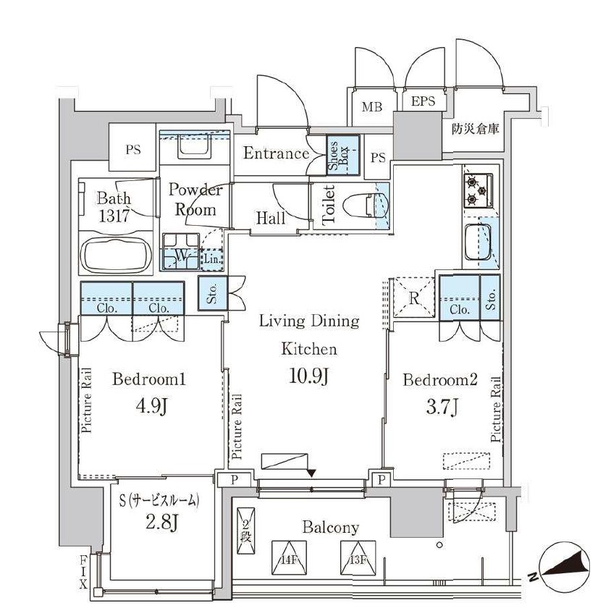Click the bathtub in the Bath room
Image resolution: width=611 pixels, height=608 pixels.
click(116, 255)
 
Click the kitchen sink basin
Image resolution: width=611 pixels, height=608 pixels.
click(479, 243)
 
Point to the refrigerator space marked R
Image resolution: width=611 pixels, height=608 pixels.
click(411, 296)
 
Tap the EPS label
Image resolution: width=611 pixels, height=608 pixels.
click(423, 102)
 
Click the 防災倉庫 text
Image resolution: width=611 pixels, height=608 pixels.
click(476, 131)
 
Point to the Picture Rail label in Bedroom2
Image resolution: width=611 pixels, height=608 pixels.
click(497, 410)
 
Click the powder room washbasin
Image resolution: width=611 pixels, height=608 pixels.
click(193, 148)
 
